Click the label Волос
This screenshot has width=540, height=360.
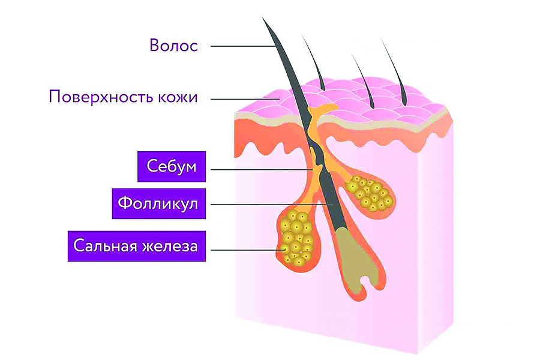pyautogui.click(x=173, y=46)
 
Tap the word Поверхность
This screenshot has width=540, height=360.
pyautogui.click(x=101, y=97)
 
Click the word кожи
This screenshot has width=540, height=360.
pyautogui.click(x=178, y=97)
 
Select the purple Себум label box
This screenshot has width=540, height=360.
pyautogui.click(x=172, y=166)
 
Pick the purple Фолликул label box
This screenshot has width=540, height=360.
pyautogui.click(x=159, y=203)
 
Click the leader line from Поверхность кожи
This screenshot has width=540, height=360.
pyautogui.click(x=245, y=99)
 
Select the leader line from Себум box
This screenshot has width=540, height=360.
pyautogui.click(x=262, y=169)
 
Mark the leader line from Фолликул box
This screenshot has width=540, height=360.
pyautogui.click(x=272, y=205)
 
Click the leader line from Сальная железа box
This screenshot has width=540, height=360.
pyautogui.click(x=248, y=250)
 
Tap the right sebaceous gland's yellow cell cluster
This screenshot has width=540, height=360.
pyautogui.click(x=370, y=193)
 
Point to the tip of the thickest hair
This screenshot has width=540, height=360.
pyautogui.click(x=263, y=18)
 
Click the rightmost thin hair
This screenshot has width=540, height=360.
pyautogui.click(x=394, y=71)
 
